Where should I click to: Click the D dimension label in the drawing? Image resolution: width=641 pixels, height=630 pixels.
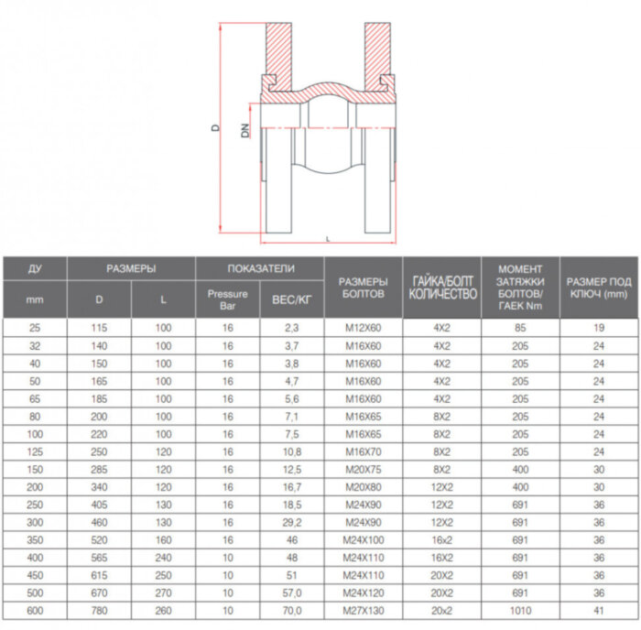(214, 130)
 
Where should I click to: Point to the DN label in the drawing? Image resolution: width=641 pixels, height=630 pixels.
(244, 131)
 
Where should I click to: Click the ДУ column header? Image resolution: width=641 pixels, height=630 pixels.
(35, 268)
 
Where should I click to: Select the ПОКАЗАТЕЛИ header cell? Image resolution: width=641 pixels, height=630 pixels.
(260, 268)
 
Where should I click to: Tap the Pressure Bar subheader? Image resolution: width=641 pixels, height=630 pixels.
(227, 299)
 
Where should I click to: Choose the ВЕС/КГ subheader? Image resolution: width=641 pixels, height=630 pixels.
(292, 299)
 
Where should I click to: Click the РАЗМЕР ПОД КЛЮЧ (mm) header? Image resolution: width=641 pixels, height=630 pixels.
(598, 287)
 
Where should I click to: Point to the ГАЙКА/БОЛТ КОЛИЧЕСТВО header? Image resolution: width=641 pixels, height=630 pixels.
(442, 287)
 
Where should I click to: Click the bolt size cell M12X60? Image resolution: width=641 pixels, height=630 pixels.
(364, 327)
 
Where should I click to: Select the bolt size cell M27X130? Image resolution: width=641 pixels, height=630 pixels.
(364, 609)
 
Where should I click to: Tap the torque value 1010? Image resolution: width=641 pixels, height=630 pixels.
(520, 609)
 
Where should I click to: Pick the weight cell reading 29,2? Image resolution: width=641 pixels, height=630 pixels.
(292, 521)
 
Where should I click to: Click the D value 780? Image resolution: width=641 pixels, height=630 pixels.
(100, 609)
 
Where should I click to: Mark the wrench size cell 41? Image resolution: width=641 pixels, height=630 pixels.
(598, 609)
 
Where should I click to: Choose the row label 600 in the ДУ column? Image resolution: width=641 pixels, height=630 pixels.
(35, 609)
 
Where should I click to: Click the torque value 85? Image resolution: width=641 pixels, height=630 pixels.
(520, 327)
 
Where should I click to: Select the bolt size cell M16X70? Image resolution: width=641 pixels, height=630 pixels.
(364, 451)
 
